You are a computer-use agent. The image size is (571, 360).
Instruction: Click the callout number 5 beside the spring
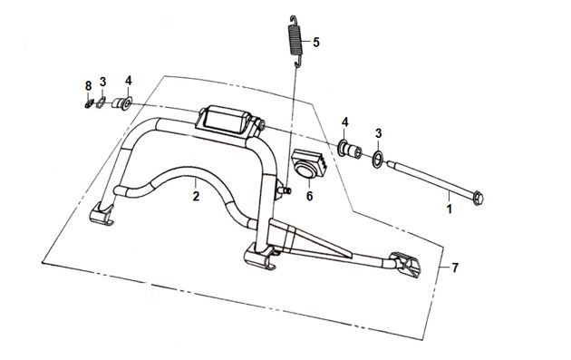coord(315,43)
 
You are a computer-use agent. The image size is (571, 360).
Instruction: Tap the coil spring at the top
coord(295,41)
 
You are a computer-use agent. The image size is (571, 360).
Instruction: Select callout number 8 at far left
coord(88,86)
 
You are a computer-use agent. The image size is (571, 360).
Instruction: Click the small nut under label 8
coord(88,104)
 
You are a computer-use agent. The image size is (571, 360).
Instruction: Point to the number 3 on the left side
coord(102,82)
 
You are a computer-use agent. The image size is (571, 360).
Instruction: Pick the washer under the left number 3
coord(101,103)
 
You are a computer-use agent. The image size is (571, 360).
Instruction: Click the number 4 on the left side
coord(128,81)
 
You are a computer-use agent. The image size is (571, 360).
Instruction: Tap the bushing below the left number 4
coord(121,103)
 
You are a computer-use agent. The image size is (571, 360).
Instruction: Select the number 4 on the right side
coord(344,122)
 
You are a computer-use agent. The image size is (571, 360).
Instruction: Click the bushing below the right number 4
coord(350,149)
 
